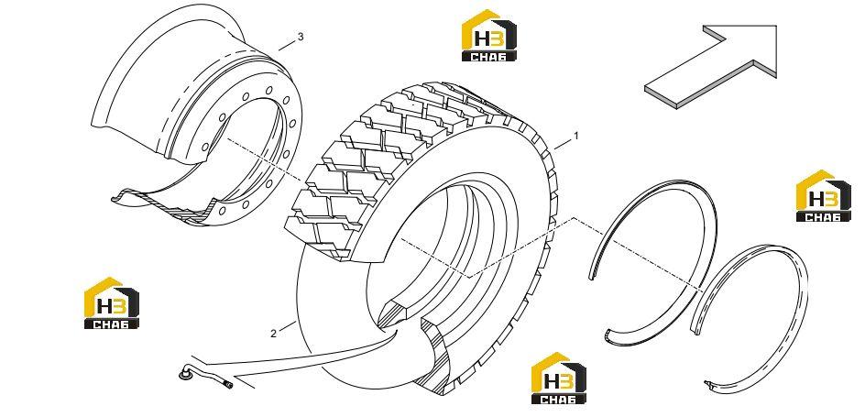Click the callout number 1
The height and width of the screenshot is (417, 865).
[576, 135]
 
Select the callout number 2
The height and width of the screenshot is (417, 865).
[274, 334]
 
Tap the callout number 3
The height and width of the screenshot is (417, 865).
[301, 37]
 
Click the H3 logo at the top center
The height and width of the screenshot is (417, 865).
[488, 35]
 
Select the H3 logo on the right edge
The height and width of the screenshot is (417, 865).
[824, 196]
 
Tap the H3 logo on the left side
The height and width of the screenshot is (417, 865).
[112, 302]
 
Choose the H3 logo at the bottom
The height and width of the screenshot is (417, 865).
[559, 379]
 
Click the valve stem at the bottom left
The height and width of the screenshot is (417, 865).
[203, 372]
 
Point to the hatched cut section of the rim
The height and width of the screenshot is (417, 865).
[166, 208]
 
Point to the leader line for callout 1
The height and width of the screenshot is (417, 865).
[563, 145]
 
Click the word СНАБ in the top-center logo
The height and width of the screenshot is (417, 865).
[488, 56]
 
